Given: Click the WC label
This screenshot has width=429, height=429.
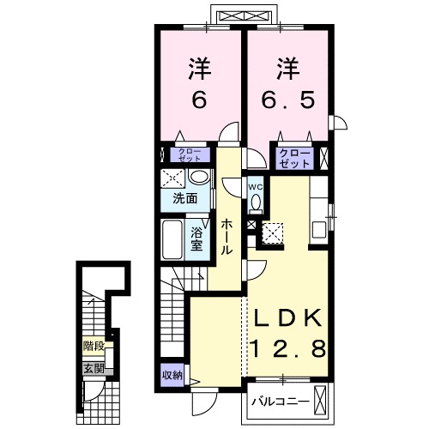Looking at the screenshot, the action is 255,187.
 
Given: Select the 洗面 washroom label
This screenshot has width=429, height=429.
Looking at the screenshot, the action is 185,198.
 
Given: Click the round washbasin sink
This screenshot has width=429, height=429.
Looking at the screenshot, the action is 200,176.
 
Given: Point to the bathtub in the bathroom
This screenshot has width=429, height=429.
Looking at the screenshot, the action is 172,239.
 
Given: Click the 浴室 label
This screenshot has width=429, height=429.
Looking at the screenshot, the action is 196,239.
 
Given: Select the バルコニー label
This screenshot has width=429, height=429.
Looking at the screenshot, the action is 281,402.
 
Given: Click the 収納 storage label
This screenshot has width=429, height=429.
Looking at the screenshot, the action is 172,375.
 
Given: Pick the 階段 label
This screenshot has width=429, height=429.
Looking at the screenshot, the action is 94,346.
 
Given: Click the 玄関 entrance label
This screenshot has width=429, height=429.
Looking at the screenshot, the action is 94,369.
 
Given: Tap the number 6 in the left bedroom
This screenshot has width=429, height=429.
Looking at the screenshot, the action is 199,100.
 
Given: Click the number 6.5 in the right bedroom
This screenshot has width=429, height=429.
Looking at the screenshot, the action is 288,100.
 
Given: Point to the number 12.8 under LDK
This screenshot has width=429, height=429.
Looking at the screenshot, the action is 288,348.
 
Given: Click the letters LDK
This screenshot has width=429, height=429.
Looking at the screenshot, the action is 287,318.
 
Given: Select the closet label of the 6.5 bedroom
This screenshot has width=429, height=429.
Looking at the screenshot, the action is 294,158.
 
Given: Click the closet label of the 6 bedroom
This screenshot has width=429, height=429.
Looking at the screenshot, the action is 190,154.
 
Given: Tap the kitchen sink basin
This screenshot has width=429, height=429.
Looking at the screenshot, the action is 319,230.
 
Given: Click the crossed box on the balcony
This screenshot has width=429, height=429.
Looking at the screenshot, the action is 320,399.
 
